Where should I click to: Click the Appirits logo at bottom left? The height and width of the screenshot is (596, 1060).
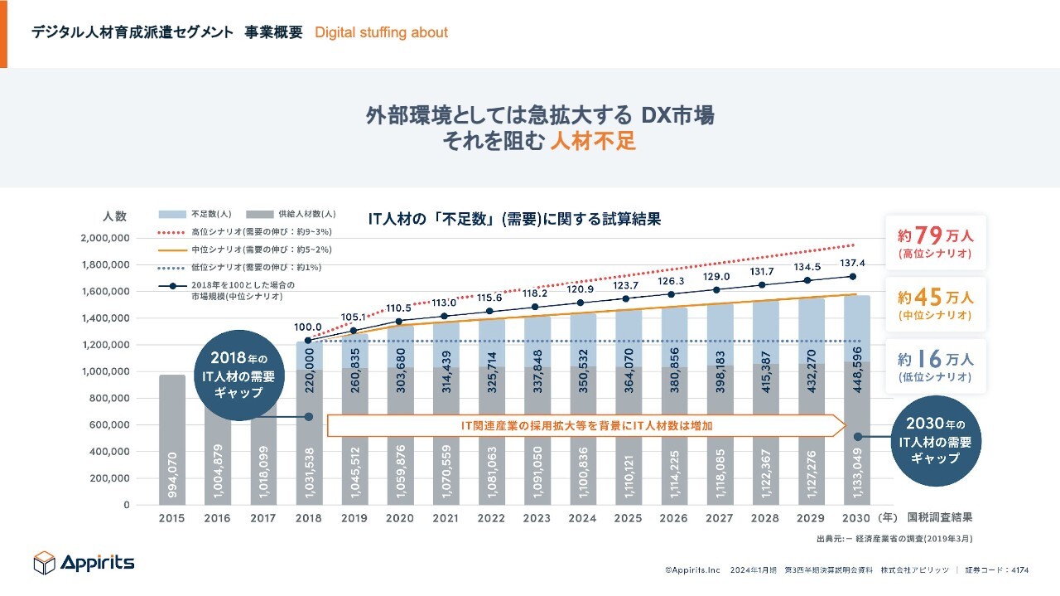click(84, 563)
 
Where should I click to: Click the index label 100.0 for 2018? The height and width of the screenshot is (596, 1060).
click(308, 327)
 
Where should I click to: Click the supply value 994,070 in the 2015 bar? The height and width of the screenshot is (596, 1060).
click(172, 473)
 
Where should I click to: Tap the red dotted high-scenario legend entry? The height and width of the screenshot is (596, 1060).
click(240, 231)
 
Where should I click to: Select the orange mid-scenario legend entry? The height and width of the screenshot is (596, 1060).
click(240, 250)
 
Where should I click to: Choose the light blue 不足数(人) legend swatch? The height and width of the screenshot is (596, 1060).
click(172, 213)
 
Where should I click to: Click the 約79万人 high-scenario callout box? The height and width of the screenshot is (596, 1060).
click(935, 242)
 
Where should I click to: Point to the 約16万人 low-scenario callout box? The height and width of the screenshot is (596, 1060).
click(935, 366)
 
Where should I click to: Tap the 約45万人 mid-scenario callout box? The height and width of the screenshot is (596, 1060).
click(935, 304)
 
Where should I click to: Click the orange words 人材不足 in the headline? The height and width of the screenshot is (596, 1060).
click(593, 141)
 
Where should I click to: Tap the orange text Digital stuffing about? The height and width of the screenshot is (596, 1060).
click(381, 32)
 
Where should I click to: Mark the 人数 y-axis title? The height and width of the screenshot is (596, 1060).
click(114, 216)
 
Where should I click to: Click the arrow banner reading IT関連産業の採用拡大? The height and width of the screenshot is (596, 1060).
click(586, 425)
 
